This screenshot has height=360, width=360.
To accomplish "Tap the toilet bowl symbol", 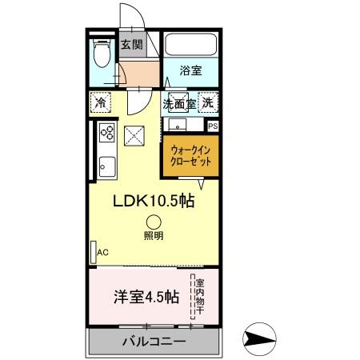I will tap(100, 55).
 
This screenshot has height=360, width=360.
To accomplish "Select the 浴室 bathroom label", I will tap(190, 70).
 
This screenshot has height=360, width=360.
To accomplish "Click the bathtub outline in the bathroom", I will tap(192, 45).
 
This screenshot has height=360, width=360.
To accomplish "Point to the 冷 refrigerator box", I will tap(101, 102).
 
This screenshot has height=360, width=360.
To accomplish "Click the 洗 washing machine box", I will tap(207, 102).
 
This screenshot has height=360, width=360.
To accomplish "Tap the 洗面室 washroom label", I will tap(180, 103).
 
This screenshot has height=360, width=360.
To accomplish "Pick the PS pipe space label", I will tap(213, 126).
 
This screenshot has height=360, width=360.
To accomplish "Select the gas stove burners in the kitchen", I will tap(105, 134).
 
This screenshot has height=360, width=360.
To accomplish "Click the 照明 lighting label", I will tap(154, 236).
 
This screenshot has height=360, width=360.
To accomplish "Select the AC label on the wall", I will tap(102, 252).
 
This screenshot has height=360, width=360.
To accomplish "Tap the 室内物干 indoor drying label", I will tap(198, 297).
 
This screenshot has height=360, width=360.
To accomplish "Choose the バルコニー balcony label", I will tap(154, 342).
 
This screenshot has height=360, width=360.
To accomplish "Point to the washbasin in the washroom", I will tap(176, 126).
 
